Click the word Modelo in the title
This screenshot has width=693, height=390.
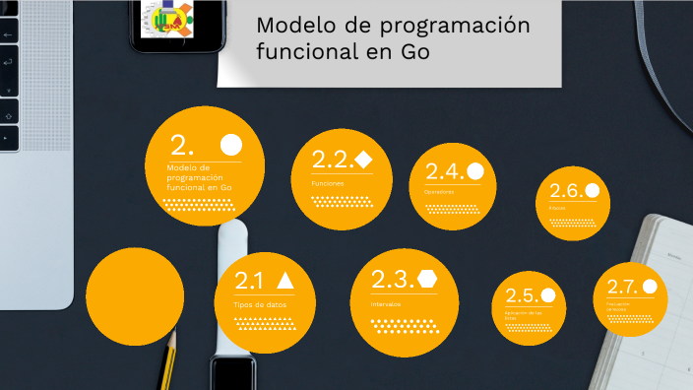[289, 26]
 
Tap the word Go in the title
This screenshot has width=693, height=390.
[413, 52]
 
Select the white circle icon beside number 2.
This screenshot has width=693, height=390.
[231, 146]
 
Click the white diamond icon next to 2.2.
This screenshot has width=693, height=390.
[363, 159]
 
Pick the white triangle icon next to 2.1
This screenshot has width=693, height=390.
[285, 280]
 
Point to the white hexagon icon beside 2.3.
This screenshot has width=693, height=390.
[426, 278]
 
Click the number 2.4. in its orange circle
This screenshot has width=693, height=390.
[444, 171]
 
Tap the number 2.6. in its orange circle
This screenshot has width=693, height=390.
[566, 191]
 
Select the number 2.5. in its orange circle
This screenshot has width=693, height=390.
[521, 295]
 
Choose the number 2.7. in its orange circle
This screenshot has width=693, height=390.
[621, 288]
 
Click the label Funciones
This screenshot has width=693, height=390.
[327, 184]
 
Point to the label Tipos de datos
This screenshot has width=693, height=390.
[262, 305]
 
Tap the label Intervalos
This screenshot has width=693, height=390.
[386, 304]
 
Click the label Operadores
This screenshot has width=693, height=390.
[439, 192]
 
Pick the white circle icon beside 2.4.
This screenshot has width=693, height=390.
[475, 170]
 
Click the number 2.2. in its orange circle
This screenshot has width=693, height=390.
[332, 160]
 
